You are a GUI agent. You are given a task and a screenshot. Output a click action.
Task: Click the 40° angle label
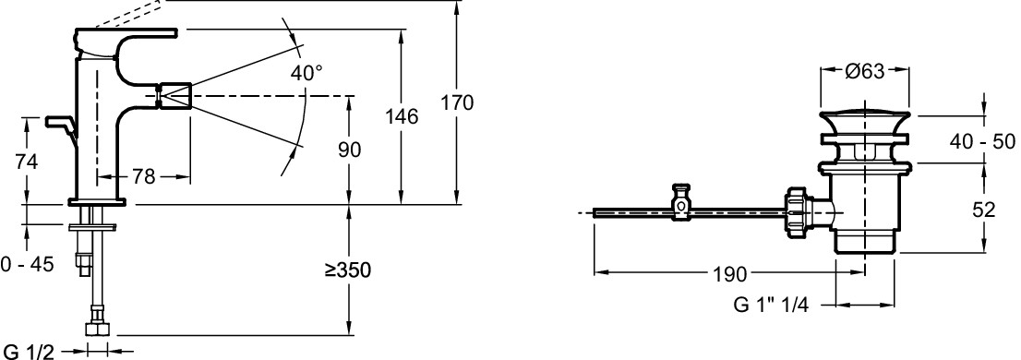[x=306, y=73]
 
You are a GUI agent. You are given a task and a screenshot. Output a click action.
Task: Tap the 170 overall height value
[x=456, y=102]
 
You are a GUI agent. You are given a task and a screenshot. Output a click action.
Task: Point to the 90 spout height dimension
[x=350, y=150]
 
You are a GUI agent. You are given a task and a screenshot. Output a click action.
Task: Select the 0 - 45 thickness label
[x=27, y=264]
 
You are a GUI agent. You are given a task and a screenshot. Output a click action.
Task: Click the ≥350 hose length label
[x=348, y=269]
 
